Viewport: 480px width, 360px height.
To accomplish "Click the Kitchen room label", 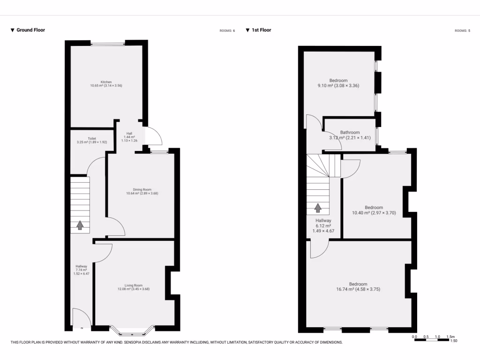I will pyautogui.click(x=106, y=82).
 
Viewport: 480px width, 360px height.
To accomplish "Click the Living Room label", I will pyautogui.click(x=134, y=285).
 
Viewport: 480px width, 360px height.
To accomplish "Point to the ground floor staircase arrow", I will pyautogui.click(x=80, y=225).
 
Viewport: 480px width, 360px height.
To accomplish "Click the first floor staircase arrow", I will pyautogui.click(x=318, y=208).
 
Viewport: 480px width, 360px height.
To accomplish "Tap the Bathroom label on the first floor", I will pyautogui.click(x=350, y=132).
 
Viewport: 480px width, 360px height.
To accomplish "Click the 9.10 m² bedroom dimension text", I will pyautogui.click(x=338, y=86).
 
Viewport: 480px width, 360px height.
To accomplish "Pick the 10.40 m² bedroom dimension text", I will pyautogui.click(x=374, y=213).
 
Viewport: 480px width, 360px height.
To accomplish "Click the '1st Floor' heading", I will pyautogui.click(x=261, y=30).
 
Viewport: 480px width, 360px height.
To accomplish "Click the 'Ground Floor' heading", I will pyautogui.click(x=30, y=30).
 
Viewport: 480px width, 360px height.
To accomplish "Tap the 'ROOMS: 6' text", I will pyautogui.click(x=227, y=31).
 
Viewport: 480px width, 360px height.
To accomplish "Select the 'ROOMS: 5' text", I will pyautogui.click(x=462, y=31).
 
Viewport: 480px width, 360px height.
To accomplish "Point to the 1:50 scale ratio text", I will pyautogui.click(x=453, y=341).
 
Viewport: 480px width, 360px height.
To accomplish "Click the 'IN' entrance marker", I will pyautogui.click(x=82, y=328).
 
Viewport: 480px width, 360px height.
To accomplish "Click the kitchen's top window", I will pyautogui.click(x=108, y=44).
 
